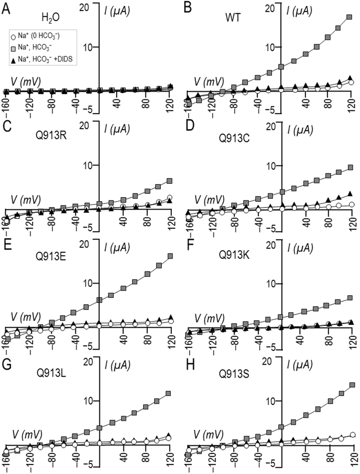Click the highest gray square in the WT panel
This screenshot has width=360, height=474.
click(x=350, y=17)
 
